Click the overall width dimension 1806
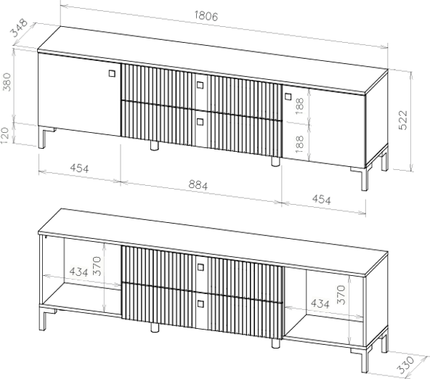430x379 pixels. (206, 16)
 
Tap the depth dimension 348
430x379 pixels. (19, 28)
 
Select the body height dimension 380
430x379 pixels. (7, 82)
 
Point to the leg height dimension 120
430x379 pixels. (5, 136)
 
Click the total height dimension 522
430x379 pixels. (403, 120)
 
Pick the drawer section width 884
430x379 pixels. (198, 185)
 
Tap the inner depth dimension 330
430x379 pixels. (406, 365)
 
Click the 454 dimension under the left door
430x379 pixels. (79, 168)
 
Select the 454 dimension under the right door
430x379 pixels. (321, 200)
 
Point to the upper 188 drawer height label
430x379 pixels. (300, 106)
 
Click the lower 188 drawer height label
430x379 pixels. (300, 144)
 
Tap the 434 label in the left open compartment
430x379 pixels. (78, 272)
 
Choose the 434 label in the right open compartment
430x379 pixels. (320, 303)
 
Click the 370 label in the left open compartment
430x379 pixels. (97, 266)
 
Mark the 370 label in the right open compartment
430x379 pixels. (341, 295)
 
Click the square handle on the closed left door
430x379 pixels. (112, 73)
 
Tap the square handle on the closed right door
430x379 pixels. (288, 97)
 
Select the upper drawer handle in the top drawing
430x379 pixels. (200, 85)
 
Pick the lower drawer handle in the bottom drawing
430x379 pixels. (200, 303)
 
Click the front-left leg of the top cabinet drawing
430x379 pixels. (41, 137)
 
